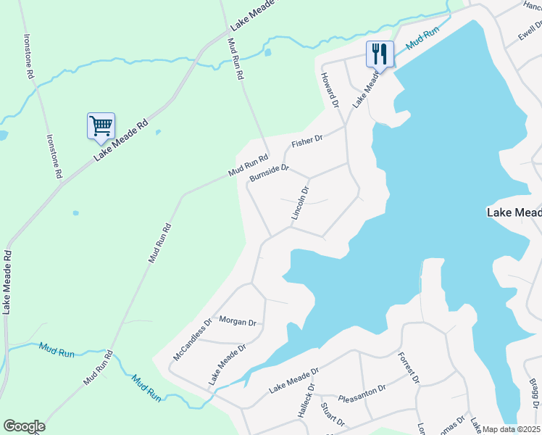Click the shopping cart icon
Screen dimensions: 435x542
click(x=101, y=125)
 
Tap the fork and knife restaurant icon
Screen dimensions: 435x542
click(x=380, y=53)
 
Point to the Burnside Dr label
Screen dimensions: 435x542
click(x=269, y=173)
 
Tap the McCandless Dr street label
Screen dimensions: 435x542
click(x=192, y=339)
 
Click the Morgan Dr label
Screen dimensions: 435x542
click(x=238, y=321)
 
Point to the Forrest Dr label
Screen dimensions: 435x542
click(x=409, y=368)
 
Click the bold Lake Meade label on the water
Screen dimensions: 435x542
click(x=513, y=212)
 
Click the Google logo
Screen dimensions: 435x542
click(x=24, y=426)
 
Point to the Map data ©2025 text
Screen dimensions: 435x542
click(x=511, y=429)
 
